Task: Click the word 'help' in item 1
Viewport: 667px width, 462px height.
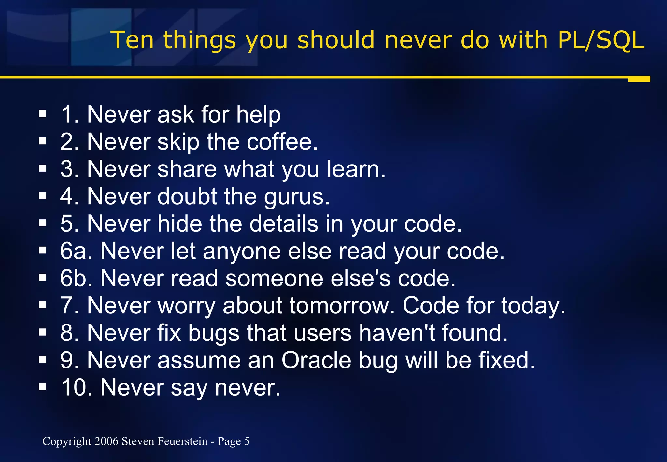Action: click(258, 115)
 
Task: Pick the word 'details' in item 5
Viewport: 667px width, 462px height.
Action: click(284, 224)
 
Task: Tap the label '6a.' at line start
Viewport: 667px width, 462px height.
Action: click(76, 251)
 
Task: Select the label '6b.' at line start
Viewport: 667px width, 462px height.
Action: click(76, 279)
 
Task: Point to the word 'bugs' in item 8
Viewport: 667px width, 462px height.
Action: click(214, 334)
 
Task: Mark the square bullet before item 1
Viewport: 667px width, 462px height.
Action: click(42, 114)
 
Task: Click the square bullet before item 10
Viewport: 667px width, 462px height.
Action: click(42, 387)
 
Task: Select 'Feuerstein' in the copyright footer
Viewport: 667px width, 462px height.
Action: click(182, 441)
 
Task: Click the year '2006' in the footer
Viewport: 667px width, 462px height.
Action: click(106, 441)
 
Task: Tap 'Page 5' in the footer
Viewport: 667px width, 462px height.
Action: click(234, 441)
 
